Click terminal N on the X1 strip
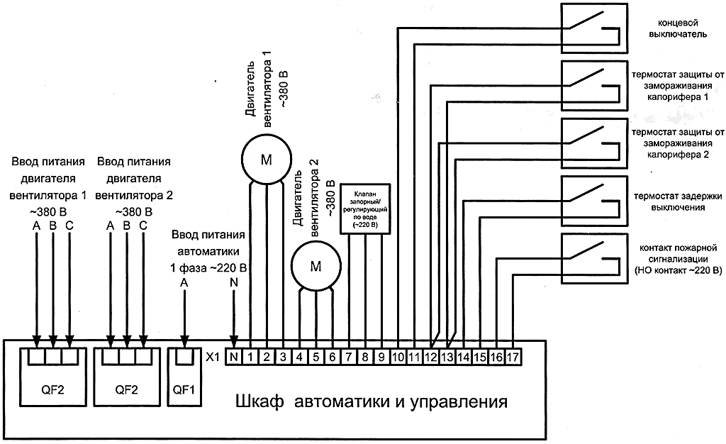(233, 357)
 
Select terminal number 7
(349, 357)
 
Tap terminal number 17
(513, 357)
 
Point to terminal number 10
(398, 357)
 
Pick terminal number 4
(299, 357)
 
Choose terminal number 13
(447, 357)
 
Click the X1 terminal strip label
(212, 357)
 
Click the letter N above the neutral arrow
(234, 282)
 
